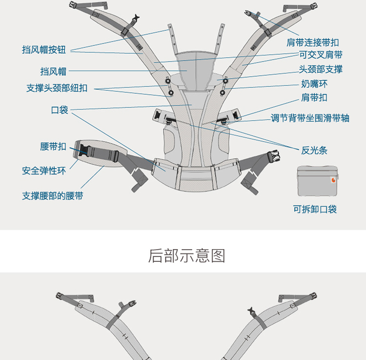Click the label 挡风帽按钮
(x=44, y=49)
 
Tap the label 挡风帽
(x=53, y=71)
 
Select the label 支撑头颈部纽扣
(x=57, y=88)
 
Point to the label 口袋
(x=60, y=110)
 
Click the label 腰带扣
(x=53, y=147)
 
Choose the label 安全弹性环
(x=44, y=171)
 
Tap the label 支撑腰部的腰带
(x=52, y=196)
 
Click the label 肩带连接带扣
(x=312, y=42)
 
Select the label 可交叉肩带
(x=321, y=55)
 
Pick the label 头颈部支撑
(x=321, y=69)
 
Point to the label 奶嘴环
(x=314, y=84)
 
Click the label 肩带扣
(x=314, y=98)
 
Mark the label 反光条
(x=314, y=150)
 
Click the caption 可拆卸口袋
(x=315, y=210)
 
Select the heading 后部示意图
(x=186, y=256)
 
